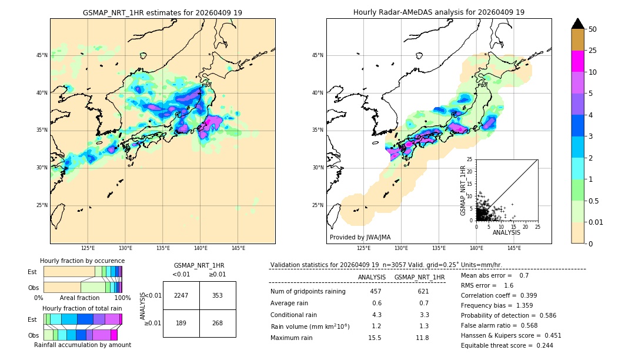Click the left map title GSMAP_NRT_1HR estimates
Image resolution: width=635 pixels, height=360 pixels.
pos(162,12)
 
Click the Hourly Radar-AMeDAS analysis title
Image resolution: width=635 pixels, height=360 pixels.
pos(439,12)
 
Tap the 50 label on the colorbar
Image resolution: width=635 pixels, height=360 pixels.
pos(593,29)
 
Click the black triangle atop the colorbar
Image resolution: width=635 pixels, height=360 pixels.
pos(578,24)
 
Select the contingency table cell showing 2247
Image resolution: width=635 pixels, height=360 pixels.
pos(181,295)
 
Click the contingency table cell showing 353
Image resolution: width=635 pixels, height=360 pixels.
pos(218,295)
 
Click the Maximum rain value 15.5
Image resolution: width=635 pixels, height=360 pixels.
pos(375,338)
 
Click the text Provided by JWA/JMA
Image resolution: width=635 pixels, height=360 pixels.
pos(360,237)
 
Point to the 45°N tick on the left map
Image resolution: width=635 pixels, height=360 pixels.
pos(42,55)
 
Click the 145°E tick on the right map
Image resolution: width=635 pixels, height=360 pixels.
pos(514,248)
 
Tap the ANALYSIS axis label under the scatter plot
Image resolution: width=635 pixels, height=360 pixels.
pos(506,232)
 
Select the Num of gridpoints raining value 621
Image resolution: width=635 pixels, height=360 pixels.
pos(423,291)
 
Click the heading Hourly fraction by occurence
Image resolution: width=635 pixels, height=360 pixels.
pos(82,261)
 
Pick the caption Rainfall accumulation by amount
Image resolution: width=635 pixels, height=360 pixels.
pos(82,345)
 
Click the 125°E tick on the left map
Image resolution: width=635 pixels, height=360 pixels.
pos(88,248)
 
